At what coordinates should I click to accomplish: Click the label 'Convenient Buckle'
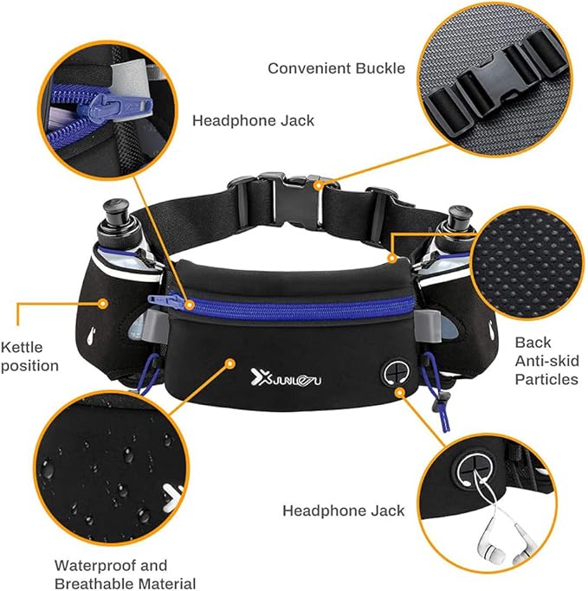pos(336,67)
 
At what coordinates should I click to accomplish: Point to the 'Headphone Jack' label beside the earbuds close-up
pos(343,511)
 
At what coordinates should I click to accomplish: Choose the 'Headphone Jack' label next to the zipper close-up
pos(253,120)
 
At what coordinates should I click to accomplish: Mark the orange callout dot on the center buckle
pos(319,183)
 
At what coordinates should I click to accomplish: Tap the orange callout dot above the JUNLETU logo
pos(230,361)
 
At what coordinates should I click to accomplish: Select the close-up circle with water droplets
pos(111,467)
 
